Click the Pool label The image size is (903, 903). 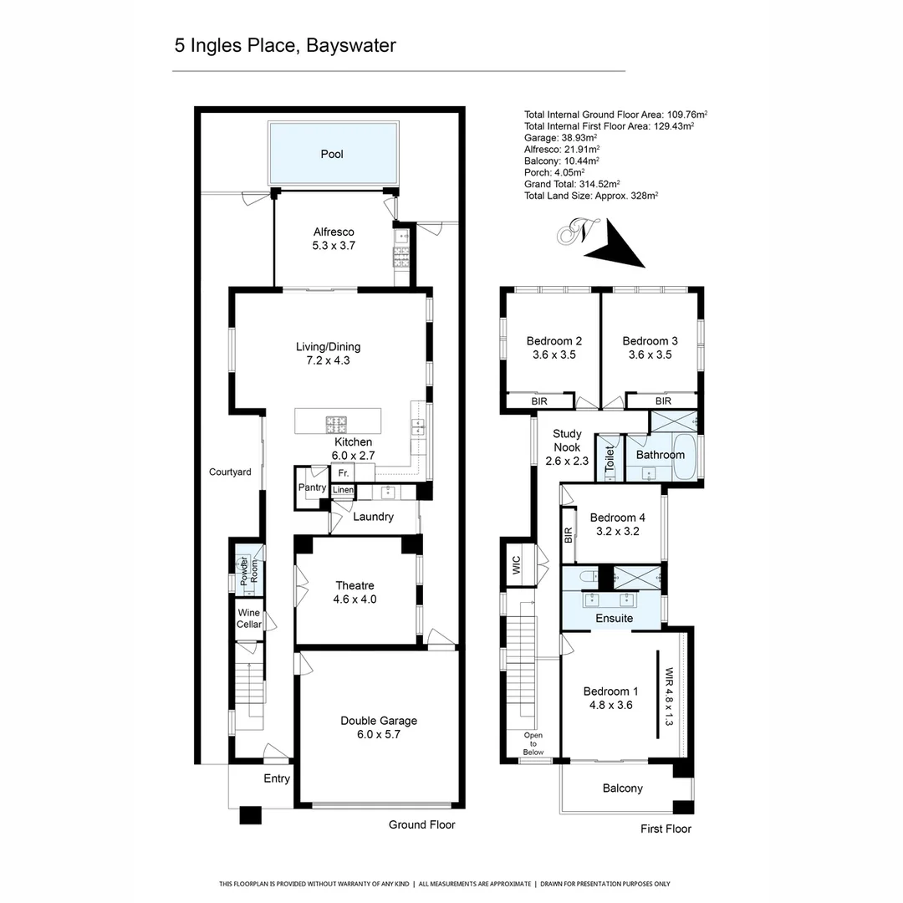coord(332,154)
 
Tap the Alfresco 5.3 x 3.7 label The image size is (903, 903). coord(334,239)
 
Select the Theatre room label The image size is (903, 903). coord(355,592)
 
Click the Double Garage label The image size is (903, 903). coord(378,727)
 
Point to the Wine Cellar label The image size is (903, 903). coord(249,619)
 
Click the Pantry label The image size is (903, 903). coord(311,487)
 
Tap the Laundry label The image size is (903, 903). coord(373,517)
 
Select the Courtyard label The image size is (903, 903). coord(230,472)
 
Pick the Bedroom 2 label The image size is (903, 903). coord(554,347)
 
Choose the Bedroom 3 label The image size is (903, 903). coord(650,347)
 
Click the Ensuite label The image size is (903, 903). coord(614,619)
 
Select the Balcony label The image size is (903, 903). coord(622,788)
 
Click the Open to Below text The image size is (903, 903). coord(533,743)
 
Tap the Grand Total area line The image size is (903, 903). coord(571,183)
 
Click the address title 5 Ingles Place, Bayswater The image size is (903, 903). coord(285,45)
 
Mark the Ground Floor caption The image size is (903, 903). coord(421,825)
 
